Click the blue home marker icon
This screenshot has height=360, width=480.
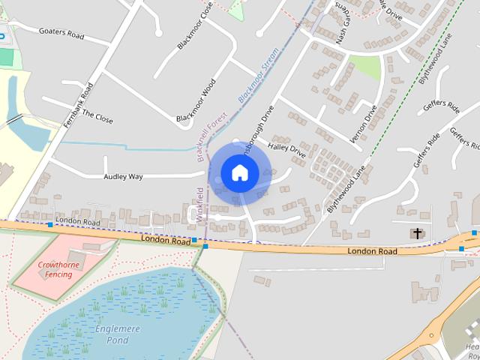coord(239,172)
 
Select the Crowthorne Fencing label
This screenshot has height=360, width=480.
coord(56,269)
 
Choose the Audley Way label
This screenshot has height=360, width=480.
coord(123,177)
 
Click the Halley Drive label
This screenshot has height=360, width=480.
coord(287,149)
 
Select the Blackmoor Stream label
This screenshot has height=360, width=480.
coord(259,75)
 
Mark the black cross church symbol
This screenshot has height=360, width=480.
coord(417,233)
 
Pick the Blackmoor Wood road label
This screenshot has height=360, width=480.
coord(196,101)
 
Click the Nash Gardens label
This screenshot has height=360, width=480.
coord(342,22)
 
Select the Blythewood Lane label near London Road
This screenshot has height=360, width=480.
coord(346,190)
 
